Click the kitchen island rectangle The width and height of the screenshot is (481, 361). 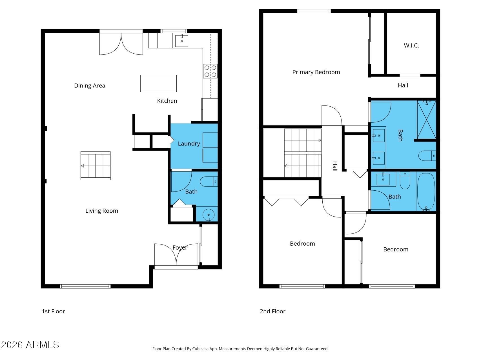point(158,83)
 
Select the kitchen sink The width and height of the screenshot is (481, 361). point(182,41)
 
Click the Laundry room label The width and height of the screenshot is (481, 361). point(189,144)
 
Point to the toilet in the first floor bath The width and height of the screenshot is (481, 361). point(209,182)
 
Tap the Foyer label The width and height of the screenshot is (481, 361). point(180,248)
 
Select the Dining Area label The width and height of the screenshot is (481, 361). point(90,86)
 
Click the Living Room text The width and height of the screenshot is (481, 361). point(102,211)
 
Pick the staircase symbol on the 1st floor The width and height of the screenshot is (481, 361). point(96,166)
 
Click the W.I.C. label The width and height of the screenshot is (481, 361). point(411,45)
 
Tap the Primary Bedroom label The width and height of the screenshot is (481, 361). point(316,72)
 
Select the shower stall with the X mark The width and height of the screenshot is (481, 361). point(427,120)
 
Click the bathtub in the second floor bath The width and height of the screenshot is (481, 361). point(426,192)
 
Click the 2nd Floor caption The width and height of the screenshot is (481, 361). point(272,311)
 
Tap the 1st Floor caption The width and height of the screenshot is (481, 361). point(53,311)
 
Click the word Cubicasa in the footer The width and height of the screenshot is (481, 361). point(200,349)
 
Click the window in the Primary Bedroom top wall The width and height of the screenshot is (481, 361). point(314,11)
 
